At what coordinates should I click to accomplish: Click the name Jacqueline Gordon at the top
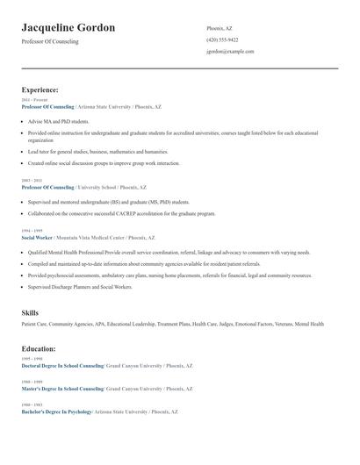pyautogui.click(x=68, y=28)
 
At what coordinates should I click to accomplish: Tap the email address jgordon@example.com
pyautogui.click(x=230, y=51)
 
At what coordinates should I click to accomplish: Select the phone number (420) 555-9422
pyautogui.click(x=222, y=39)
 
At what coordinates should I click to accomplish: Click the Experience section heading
pyautogui.click(x=40, y=89)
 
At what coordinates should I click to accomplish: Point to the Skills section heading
pyautogui.click(x=30, y=313)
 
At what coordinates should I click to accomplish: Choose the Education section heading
pyautogui.click(x=39, y=348)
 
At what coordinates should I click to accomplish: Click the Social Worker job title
pyautogui.click(x=37, y=238)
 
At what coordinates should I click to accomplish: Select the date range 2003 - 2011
pyautogui.click(x=32, y=181)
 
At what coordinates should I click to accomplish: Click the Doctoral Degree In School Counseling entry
pyautogui.click(x=62, y=365)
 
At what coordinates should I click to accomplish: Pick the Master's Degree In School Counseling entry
pyautogui.click(x=62, y=388)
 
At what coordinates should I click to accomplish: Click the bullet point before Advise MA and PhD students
pyautogui.click(x=23, y=121)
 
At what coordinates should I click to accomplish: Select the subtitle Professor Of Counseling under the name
pyautogui.click(x=49, y=41)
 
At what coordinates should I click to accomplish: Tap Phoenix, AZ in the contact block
pyautogui.click(x=220, y=28)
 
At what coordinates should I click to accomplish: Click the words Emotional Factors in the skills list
pyautogui.click(x=255, y=325)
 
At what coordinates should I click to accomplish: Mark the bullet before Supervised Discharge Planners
pyautogui.click(x=23, y=287)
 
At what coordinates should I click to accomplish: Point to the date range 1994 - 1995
pyautogui.click(x=32, y=231)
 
